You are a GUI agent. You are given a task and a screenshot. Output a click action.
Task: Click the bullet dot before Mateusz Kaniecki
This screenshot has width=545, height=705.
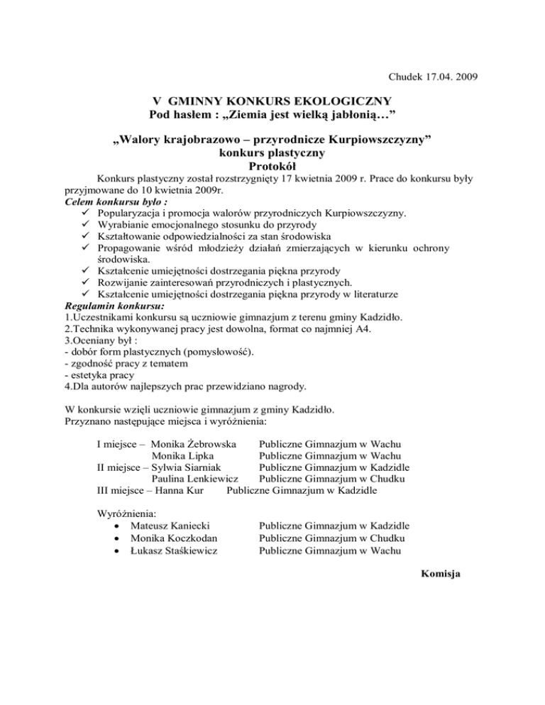[116, 526]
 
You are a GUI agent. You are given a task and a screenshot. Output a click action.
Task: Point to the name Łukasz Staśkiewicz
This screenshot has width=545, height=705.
[174, 550]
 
